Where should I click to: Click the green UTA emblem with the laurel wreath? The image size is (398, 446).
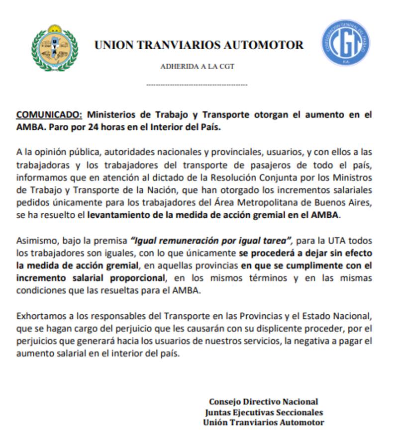(x=55, y=48)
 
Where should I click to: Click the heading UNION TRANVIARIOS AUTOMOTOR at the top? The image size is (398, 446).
(x=199, y=45)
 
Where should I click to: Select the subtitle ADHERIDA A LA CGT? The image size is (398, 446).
(x=197, y=67)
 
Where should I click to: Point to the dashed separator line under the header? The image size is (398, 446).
(x=197, y=85)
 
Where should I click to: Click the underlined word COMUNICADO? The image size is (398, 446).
(x=49, y=114)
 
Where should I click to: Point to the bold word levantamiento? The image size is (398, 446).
(x=120, y=215)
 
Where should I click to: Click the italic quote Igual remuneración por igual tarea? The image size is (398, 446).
(x=211, y=241)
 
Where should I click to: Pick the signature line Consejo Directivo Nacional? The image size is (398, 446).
(x=263, y=402)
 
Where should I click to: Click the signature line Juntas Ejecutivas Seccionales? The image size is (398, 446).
(x=264, y=412)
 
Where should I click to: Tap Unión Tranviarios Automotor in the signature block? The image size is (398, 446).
(x=264, y=423)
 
